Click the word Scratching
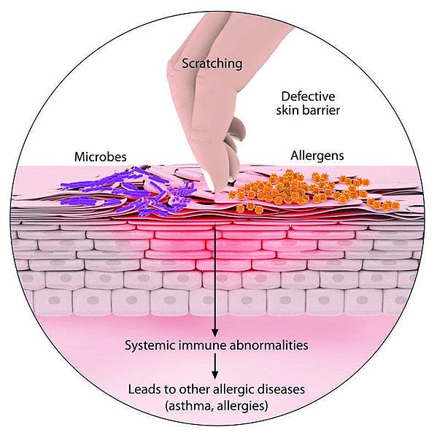coord(212,64)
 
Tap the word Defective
coord(308,96)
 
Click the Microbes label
coord(100,157)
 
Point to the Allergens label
coord(317,156)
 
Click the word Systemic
coord(150,345)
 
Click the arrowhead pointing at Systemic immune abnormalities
coord(214,333)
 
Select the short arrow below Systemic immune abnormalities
coord(214,366)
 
